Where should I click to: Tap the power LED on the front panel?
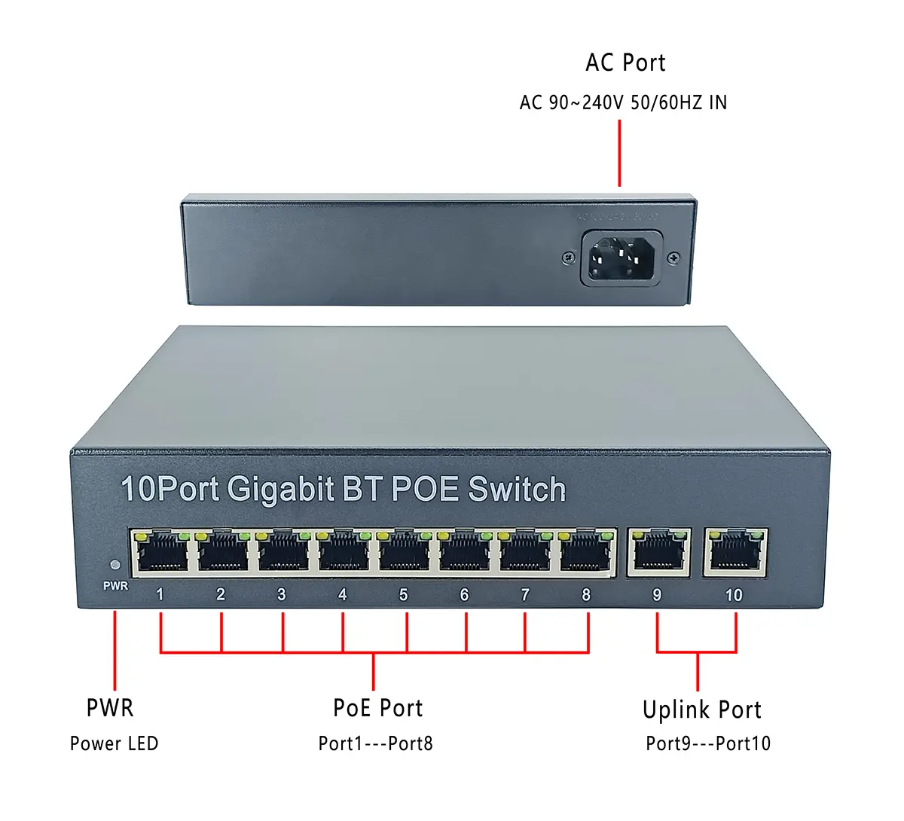[x=115, y=564]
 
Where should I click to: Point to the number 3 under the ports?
[x=281, y=594]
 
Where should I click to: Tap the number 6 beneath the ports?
[x=464, y=595]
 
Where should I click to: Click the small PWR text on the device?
[x=115, y=586]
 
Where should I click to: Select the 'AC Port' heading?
[x=625, y=63]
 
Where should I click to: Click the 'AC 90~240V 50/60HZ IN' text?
[x=623, y=102]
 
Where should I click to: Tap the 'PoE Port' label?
[x=377, y=708]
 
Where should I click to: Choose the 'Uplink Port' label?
[x=701, y=710]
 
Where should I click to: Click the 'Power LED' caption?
[x=114, y=743]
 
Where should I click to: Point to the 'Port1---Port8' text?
[x=375, y=743]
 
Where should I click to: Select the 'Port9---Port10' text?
[x=708, y=743]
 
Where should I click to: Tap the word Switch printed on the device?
[x=516, y=490]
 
